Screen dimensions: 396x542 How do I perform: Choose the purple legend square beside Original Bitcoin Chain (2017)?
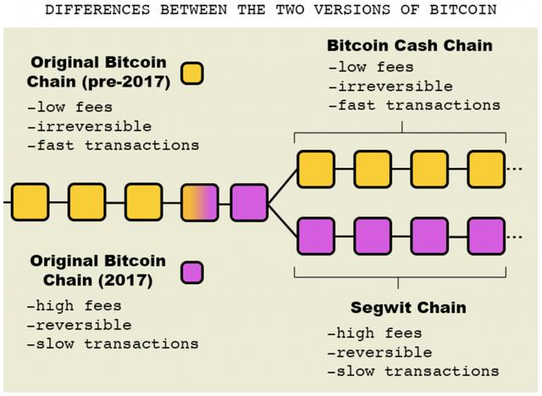(x=192, y=271)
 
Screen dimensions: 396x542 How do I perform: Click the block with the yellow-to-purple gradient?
(x=200, y=201)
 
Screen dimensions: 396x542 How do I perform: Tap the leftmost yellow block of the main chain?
(x=30, y=201)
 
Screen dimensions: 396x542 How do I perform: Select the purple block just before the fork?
(x=249, y=201)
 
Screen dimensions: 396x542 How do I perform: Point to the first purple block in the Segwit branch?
(x=315, y=235)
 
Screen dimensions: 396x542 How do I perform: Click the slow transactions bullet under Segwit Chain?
(x=412, y=371)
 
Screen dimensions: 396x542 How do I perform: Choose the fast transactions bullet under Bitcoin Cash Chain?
(x=413, y=104)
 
